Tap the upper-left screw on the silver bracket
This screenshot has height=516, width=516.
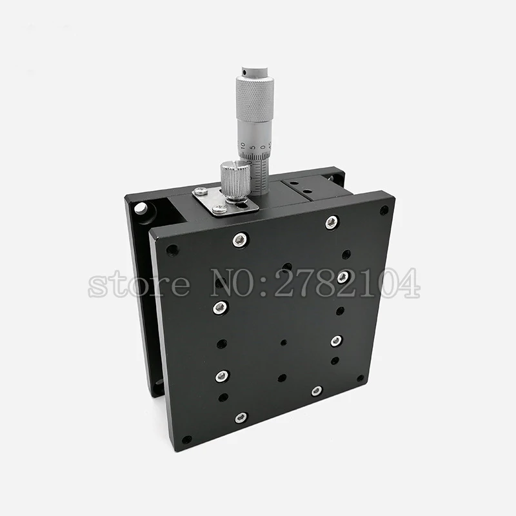[201, 190]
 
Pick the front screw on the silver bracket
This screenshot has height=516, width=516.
[219, 208]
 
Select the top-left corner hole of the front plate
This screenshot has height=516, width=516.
[172, 248]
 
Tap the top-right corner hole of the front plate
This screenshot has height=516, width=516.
[384, 210]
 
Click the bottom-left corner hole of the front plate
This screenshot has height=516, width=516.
[187, 440]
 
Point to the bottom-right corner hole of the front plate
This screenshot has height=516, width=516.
[360, 379]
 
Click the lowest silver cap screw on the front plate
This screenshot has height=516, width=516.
[241, 417]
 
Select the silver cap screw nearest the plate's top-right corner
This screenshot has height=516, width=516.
[332, 223]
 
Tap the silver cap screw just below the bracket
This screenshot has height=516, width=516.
[239, 239]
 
